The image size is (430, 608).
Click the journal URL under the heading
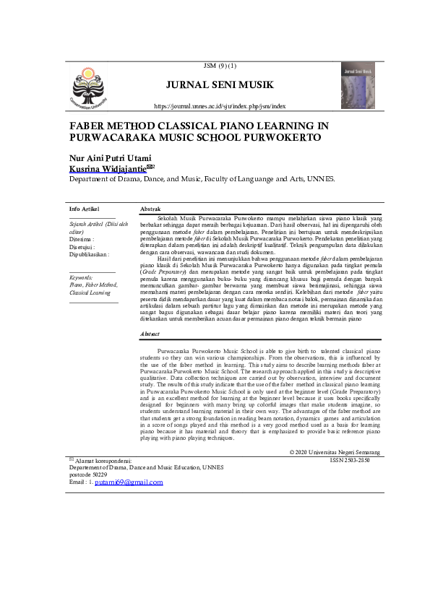pyautogui.click(x=220, y=106)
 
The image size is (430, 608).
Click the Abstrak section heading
pyautogui.click(x=150, y=208)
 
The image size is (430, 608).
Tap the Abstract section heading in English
pyautogui.click(x=150, y=334)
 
